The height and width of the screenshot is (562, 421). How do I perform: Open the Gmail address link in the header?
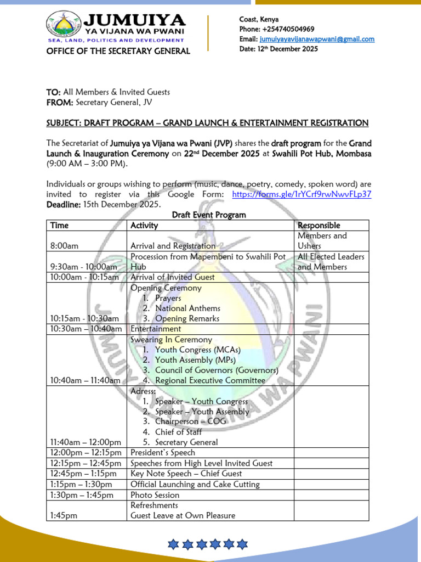(317, 39)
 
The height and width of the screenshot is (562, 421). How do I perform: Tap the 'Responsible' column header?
(318, 226)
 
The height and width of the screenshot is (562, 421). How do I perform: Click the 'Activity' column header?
(144, 226)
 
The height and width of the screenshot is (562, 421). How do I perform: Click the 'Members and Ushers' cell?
(322, 241)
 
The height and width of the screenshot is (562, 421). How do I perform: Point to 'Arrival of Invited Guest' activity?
(172, 277)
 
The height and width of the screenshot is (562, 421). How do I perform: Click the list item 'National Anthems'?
(187, 308)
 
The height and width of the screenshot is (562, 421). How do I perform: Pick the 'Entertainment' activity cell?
(156, 329)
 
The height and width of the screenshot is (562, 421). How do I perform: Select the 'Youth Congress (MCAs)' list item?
(197, 350)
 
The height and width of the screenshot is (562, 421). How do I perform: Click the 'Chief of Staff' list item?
(181, 432)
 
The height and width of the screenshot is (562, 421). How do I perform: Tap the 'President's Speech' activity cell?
(163, 453)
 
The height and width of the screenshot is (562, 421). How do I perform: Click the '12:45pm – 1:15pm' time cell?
(83, 474)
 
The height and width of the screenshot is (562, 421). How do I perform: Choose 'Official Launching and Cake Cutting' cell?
(195, 484)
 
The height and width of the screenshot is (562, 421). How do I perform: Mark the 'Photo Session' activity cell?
(155, 495)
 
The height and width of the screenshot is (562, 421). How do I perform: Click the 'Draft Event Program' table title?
(209, 215)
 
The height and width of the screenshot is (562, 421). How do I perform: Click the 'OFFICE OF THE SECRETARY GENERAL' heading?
(118, 51)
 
